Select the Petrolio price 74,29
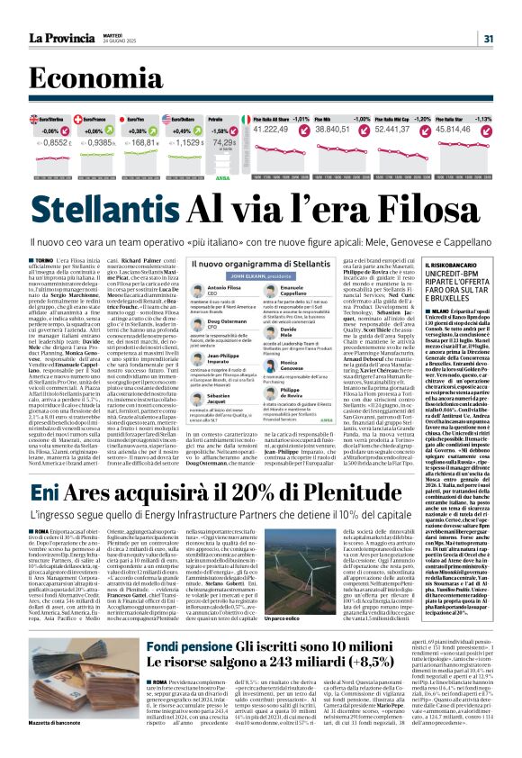[223, 141]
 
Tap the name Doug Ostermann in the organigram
[227, 321]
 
